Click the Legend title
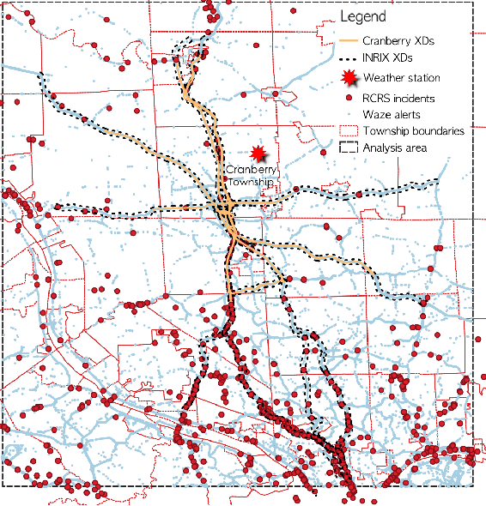(363, 17)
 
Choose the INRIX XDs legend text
(387, 58)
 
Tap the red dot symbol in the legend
(348, 98)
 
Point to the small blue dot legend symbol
(348, 114)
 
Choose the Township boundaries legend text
(414, 131)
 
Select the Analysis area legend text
(395, 148)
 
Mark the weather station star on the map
(258, 154)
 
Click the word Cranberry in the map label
(249, 170)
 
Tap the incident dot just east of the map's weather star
(324, 154)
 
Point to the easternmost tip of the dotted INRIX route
(440, 182)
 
